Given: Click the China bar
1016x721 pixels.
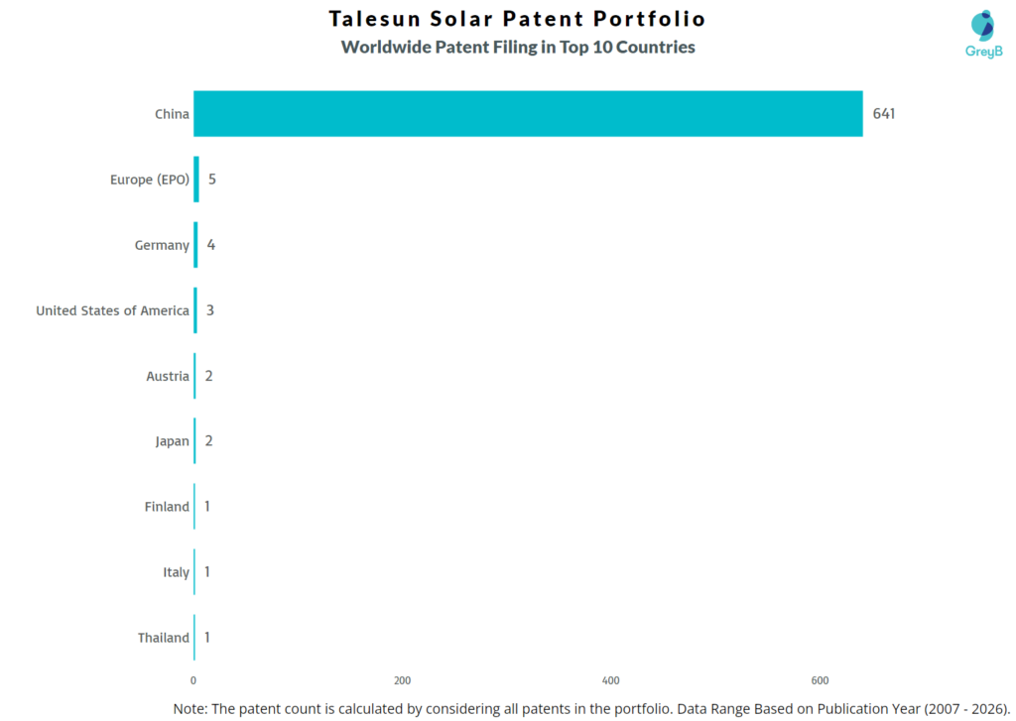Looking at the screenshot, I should coord(528,114).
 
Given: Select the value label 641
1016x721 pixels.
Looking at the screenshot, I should coord(884,114).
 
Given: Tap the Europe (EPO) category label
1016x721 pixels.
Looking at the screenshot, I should coord(149,180).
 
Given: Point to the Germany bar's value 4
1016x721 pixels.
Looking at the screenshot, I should coord(210,245).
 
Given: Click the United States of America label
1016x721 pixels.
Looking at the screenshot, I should coord(112,310).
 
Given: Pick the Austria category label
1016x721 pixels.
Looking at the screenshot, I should coord(167,376).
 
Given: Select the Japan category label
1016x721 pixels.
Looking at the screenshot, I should coord(172,441).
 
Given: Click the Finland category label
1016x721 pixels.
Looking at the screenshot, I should coord(166,507).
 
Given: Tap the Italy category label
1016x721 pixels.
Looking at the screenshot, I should coord(176,572).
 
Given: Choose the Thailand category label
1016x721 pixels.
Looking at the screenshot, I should coord(163,638).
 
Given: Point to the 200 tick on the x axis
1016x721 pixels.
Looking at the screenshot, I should coord(402,680).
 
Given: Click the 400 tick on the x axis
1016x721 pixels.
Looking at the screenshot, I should coord(611,680).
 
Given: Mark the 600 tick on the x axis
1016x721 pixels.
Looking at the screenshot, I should coord(820,680).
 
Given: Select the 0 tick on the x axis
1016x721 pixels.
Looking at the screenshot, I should coord(193,680).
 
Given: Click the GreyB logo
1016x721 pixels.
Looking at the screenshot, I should coord(983,34).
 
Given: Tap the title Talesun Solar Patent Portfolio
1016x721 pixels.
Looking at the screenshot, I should coord(517,19).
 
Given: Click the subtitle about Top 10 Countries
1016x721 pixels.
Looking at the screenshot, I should coord(517,47).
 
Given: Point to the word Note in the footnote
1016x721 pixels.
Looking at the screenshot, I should coord(190,708).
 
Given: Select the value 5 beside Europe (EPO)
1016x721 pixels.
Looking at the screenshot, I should coord(211,180).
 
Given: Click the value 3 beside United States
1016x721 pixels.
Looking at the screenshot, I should coord(210,310).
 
